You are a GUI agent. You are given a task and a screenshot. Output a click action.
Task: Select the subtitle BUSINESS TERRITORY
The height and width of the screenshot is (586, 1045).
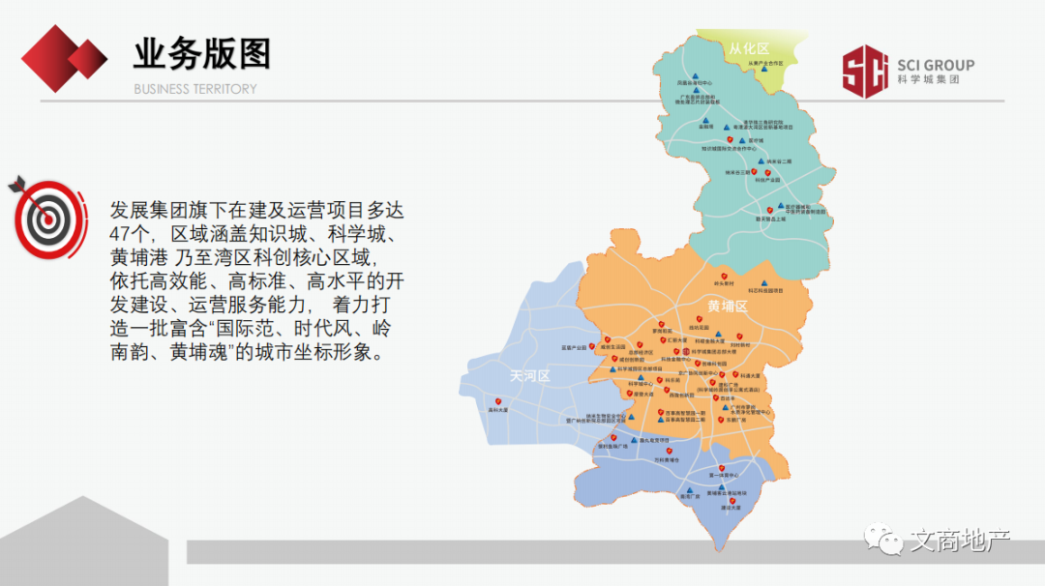[195, 89]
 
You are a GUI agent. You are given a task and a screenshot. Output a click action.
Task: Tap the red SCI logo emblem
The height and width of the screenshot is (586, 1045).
[864, 72]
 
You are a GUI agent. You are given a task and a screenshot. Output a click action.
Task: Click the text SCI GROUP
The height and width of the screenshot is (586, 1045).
[935, 66]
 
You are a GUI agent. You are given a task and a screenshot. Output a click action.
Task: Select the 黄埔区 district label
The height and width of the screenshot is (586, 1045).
[728, 306]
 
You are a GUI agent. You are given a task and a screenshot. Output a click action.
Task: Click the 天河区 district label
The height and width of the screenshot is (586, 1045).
[529, 375]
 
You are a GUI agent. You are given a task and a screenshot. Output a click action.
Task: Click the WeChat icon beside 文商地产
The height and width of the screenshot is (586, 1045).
[882, 536]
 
